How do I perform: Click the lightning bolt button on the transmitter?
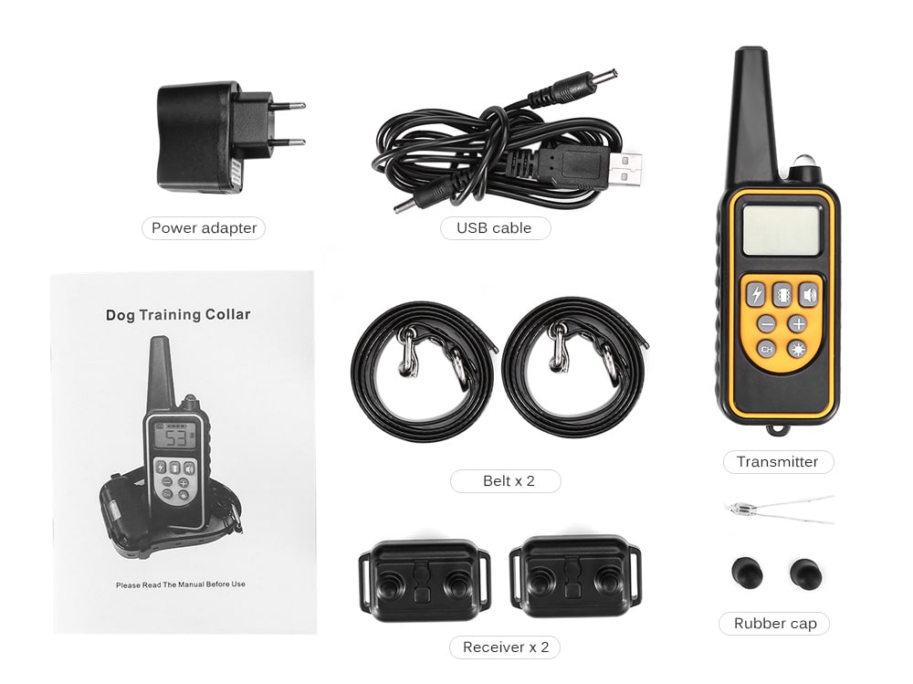pos(756,294)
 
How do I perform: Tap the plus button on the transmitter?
pos(798,323)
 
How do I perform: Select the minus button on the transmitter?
pos(767,324)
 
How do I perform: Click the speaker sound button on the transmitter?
pos(809,294)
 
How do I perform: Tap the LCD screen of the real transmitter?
pos(782,230)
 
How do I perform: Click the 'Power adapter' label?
pos(204,227)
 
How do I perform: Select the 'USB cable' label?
pos(495,227)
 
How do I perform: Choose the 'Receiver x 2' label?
pos(505,647)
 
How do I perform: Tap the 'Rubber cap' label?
pos(775,624)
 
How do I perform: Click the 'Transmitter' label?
pos(778,461)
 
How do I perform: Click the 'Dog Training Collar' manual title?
pos(178,314)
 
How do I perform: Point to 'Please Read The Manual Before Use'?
pos(181,584)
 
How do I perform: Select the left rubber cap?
pos(745,572)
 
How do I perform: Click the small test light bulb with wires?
pos(740,507)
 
